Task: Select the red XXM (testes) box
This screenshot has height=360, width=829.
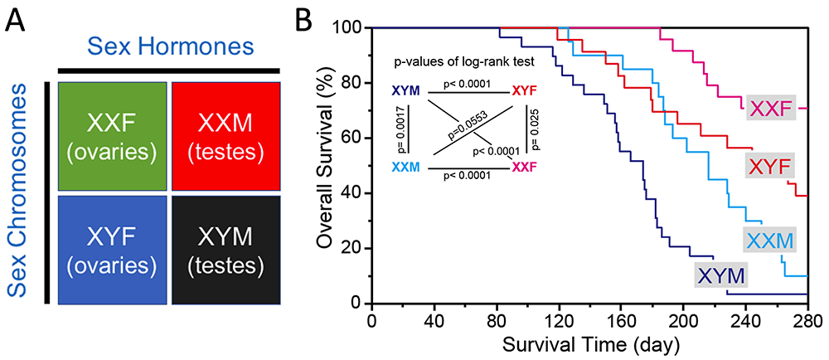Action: (x=226, y=135)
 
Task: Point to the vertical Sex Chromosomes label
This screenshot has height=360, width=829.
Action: (x=19, y=194)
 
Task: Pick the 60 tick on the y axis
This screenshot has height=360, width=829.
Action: (x=352, y=138)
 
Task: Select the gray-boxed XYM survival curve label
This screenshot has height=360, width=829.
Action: (x=721, y=275)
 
